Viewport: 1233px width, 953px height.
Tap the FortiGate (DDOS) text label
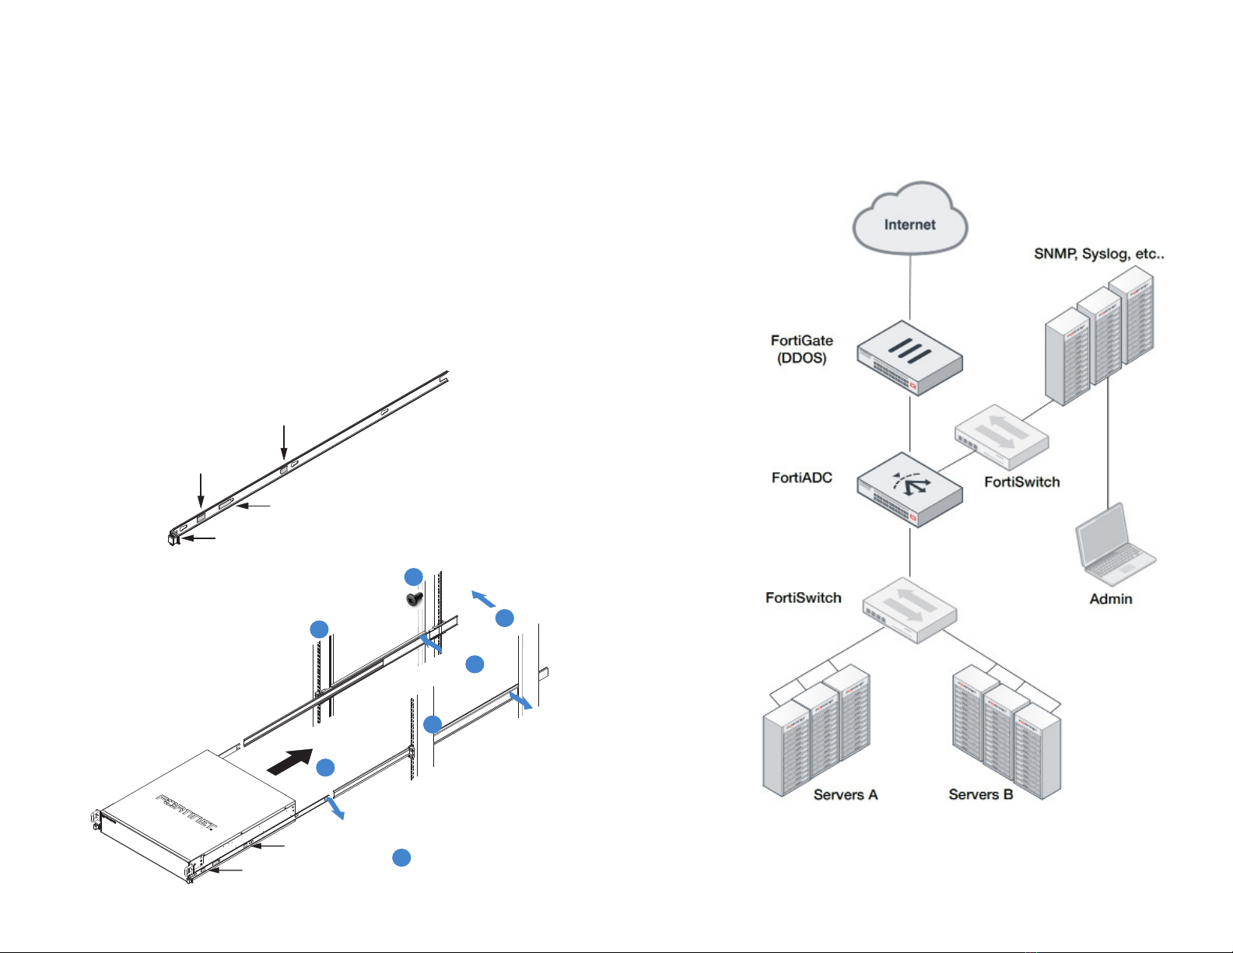pyautogui.click(x=801, y=349)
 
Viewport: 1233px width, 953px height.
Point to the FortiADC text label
pyautogui.click(x=801, y=478)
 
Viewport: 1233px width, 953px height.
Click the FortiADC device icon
pyautogui.click(x=909, y=489)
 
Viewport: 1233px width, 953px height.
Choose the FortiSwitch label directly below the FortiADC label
pyautogui.click(x=803, y=597)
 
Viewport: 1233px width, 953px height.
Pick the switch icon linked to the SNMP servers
pyautogui.click(x=1001, y=436)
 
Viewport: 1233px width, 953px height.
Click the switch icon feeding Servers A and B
pyautogui.click(x=909, y=610)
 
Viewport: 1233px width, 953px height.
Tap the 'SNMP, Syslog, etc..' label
pyautogui.click(x=1098, y=254)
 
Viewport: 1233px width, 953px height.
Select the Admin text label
pyautogui.click(x=1110, y=599)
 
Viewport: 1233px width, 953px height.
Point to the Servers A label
pyautogui.click(x=845, y=794)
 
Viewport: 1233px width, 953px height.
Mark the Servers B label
pyautogui.click(x=980, y=794)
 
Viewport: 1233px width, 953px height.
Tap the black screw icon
pyautogui.click(x=415, y=599)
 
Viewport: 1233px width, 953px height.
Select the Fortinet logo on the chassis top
pyautogui.click(x=187, y=811)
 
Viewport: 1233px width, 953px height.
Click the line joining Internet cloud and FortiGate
pyautogui.click(x=910, y=288)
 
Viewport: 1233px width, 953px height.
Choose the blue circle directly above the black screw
pyautogui.click(x=413, y=576)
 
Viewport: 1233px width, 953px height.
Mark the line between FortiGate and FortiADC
pyautogui.click(x=910, y=424)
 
